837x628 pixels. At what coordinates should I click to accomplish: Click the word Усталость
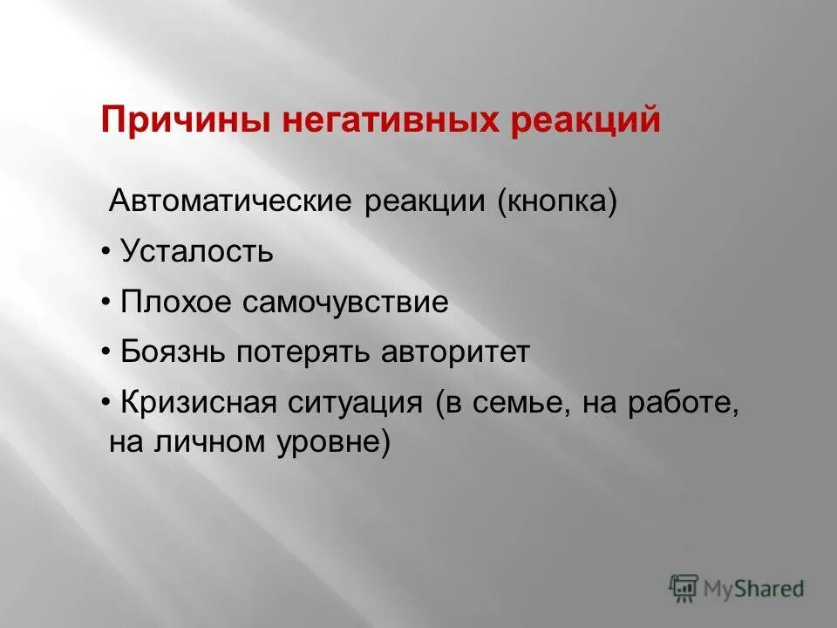pos(197,252)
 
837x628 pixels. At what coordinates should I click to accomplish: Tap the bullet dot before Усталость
pos(105,252)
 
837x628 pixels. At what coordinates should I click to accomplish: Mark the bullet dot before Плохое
pos(105,303)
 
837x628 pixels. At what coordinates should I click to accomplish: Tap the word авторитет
pos(454,352)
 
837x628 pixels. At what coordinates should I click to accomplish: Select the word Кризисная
pos(200,404)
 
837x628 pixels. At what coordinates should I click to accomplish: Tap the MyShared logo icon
pos(684,588)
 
